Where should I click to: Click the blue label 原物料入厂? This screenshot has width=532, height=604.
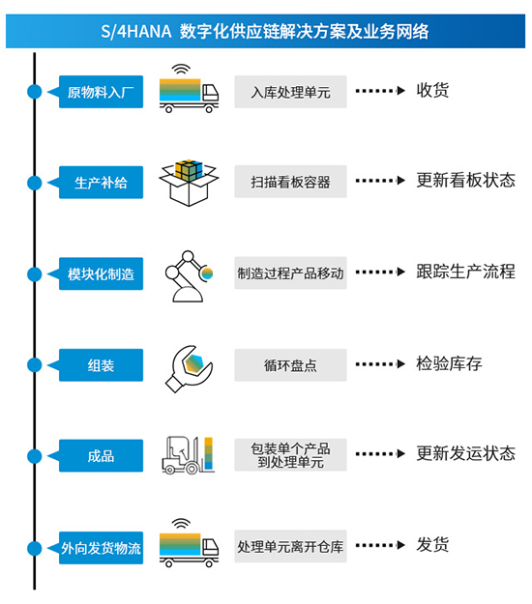click(x=101, y=92)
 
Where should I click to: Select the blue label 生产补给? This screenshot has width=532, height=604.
click(x=101, y=183)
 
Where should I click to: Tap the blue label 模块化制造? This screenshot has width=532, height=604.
click(x=101, y=273)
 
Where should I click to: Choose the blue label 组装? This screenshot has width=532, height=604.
click(x=101, y=365)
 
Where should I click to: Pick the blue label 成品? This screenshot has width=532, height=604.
click(x=101, y=456)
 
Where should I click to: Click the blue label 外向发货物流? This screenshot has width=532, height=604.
click(x=101, y=548)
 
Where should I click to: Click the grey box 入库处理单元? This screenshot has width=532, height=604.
click(x=290, y=92)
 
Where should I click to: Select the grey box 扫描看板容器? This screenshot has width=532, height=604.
click(x=290, y=182)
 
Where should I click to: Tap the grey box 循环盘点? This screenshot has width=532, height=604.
click(x=290, y=365)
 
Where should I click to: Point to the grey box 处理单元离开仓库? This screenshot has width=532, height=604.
click(x=290, y=546)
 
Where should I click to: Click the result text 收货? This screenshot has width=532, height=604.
click(x=432, y=91)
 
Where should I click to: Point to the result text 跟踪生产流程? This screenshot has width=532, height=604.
click(x=465, y=272)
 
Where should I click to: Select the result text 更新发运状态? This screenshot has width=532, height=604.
click(x=465, y=453)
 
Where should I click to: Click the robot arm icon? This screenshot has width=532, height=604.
click(x=188, y=275)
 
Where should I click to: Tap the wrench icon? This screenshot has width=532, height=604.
click(x=189, y=368)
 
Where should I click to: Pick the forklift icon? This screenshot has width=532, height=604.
click(x=188, y=455)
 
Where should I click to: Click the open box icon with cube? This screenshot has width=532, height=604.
click(x=189, y=183)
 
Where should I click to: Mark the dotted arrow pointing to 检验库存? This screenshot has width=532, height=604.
click(x=380, y=364)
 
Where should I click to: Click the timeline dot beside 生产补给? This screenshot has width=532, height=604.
click(x=34, y=183)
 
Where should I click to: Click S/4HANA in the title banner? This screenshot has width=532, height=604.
click(x=136, y=31)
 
